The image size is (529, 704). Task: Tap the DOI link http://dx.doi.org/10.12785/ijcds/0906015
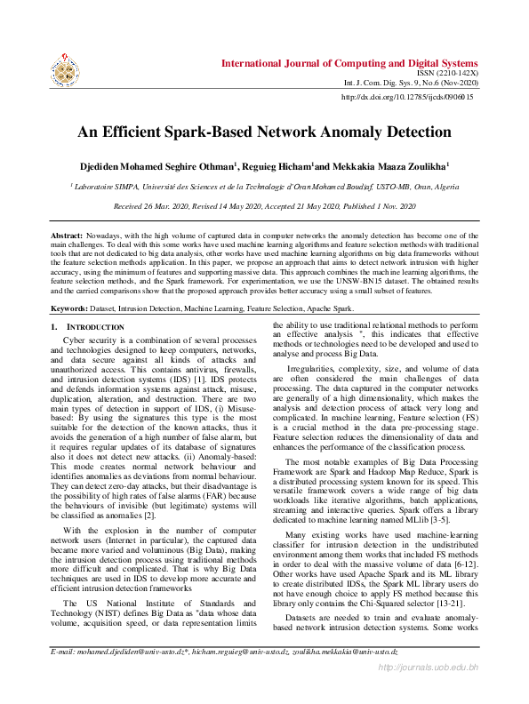coord(407,98)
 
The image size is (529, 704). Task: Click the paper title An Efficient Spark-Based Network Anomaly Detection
coord(264,132)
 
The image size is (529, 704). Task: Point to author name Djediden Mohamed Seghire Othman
coord(158,166)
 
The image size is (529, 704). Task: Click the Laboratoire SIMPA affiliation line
coord(264,187)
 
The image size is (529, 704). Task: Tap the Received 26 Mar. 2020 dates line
coord(264,206)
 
